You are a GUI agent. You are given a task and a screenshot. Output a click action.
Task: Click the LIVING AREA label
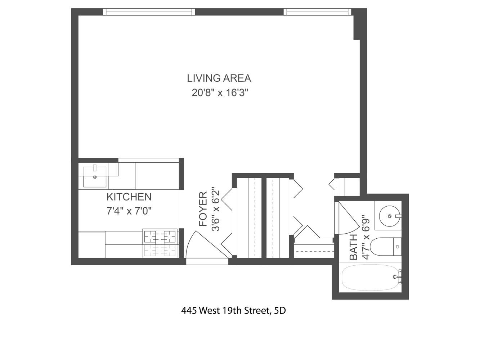click(x=219, y=78)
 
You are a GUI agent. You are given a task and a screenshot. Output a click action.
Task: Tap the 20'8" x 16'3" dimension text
click(x=220, y=93)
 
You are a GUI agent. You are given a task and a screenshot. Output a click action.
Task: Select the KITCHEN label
click(x=129, y=197)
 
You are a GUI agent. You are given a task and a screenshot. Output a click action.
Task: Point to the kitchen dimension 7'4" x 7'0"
click(x=129, y=211)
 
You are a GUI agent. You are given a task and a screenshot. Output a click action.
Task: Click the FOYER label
click(x=203, y=209)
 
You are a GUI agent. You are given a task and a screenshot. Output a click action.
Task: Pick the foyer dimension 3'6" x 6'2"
click(x=215, y=209)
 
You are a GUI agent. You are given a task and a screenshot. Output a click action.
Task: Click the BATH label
click(x=354, y=247)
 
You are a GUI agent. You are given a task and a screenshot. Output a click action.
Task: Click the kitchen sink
click(x=95, y=177)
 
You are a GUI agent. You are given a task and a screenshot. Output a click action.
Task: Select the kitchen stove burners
click(x=160, y=237)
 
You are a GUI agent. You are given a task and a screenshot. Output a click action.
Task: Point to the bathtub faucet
click(x=398, y=277)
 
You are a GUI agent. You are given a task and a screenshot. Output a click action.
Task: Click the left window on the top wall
click(x=149, y=12)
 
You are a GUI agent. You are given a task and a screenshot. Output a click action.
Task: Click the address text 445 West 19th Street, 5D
click(x=233, y=310)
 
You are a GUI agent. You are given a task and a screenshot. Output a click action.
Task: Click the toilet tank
click(x=397, y=247)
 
